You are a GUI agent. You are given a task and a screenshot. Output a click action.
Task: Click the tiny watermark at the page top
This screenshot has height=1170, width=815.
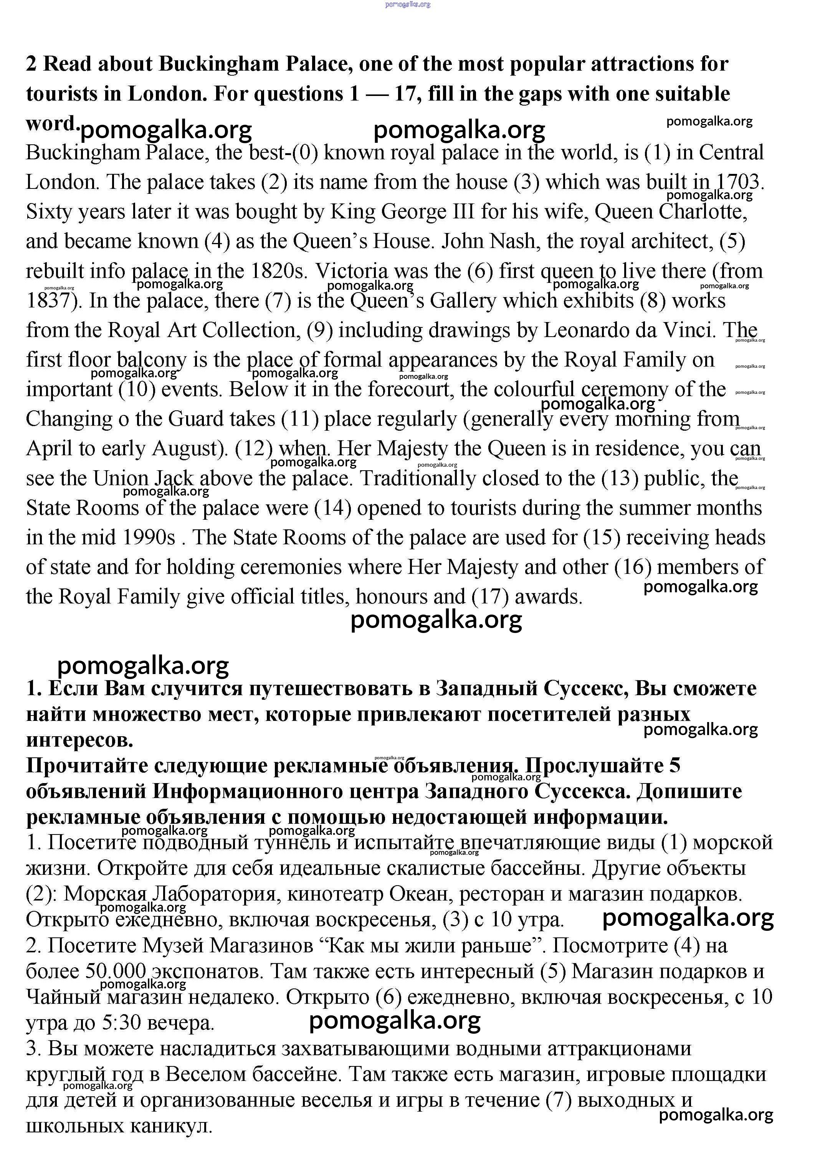click(408, 4)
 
